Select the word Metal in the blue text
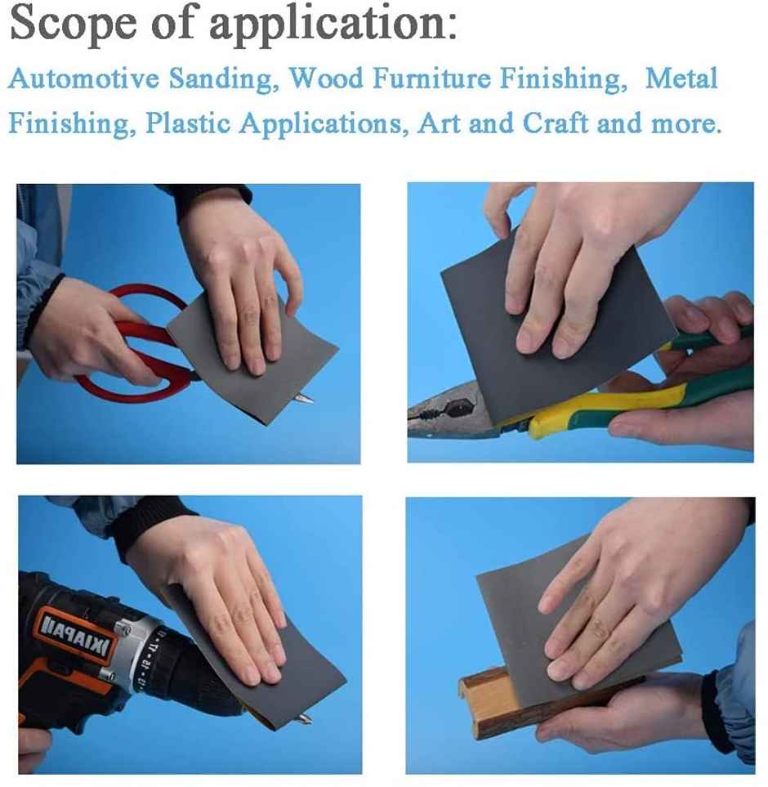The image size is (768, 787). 681,80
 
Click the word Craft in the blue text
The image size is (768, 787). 556,125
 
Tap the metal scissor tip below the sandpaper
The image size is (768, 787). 304,398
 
